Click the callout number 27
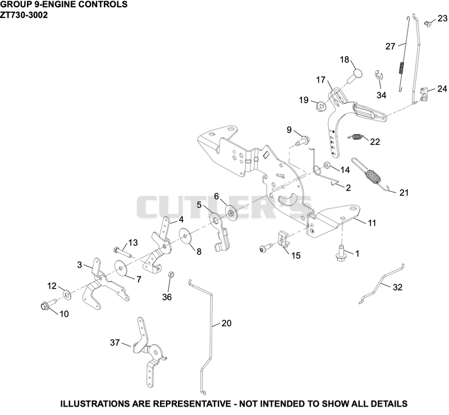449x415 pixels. [x=390, y=47]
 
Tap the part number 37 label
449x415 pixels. [x=115, y=343]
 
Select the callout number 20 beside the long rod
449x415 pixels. [x=226, y=323]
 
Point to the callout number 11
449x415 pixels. [x=372, y=223]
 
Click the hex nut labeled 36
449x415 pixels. [x=169, y=274]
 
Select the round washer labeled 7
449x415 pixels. [x=121, y=268]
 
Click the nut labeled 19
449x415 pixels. [x=320, y=107]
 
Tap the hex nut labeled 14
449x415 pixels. [x=327, y=166]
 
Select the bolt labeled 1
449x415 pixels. [x=341, y=253]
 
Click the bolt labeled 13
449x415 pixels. [x=122, y=252]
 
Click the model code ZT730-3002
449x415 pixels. [x=24, y=15]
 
